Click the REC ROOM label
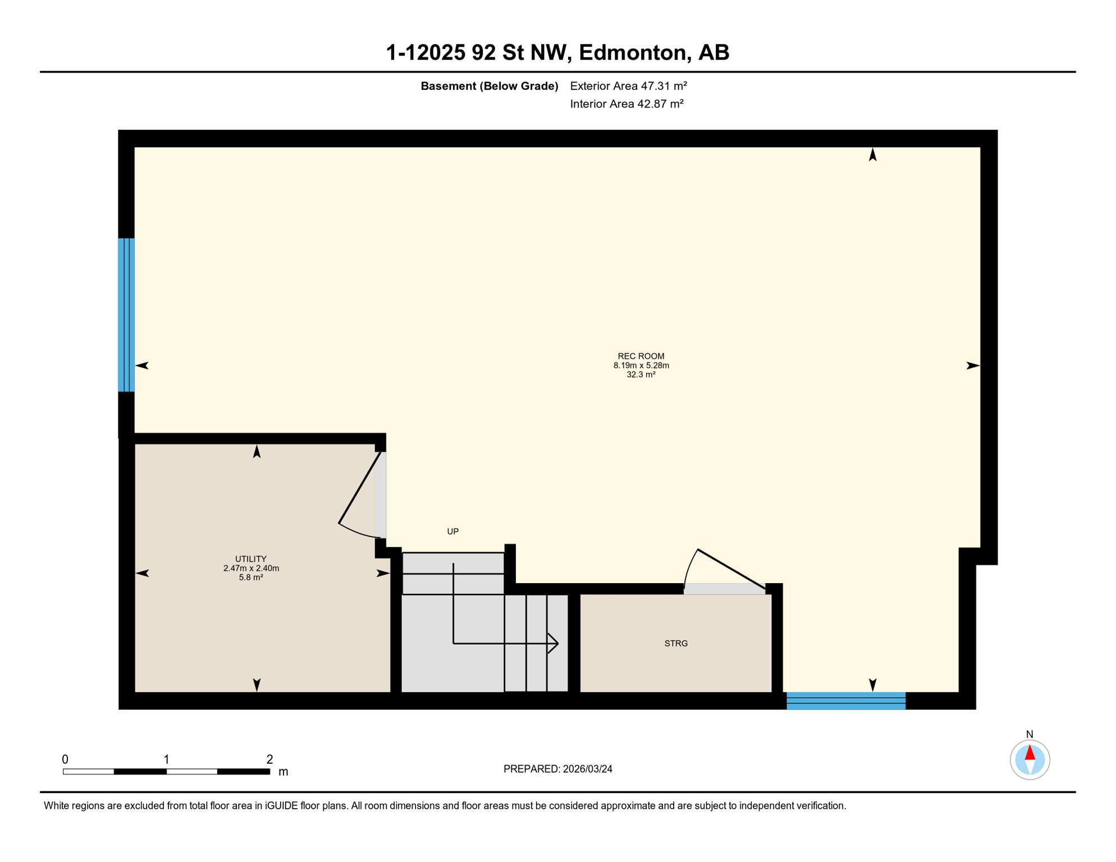coord(641,356)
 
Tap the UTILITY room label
coord(250,559)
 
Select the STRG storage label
coord(676,644)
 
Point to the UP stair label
coord(452,531)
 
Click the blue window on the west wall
coord(126,315)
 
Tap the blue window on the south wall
coord(845,701)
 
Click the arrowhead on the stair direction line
coord(554,644)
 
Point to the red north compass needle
coord(1030,753)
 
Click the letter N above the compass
coord(1030,734)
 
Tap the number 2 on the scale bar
coord(269,759)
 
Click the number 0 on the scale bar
coord(65,759)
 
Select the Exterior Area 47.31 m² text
coord(628,86)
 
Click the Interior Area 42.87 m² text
coord(626,104)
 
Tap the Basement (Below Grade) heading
coord(489,86)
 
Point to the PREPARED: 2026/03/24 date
coord(557,769)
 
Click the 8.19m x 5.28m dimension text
coord(641,365)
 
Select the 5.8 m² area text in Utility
coord(250,577)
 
